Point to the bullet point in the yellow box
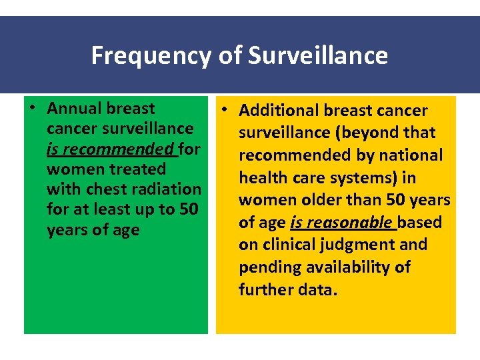[226, 111]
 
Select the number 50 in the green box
[187, 209]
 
